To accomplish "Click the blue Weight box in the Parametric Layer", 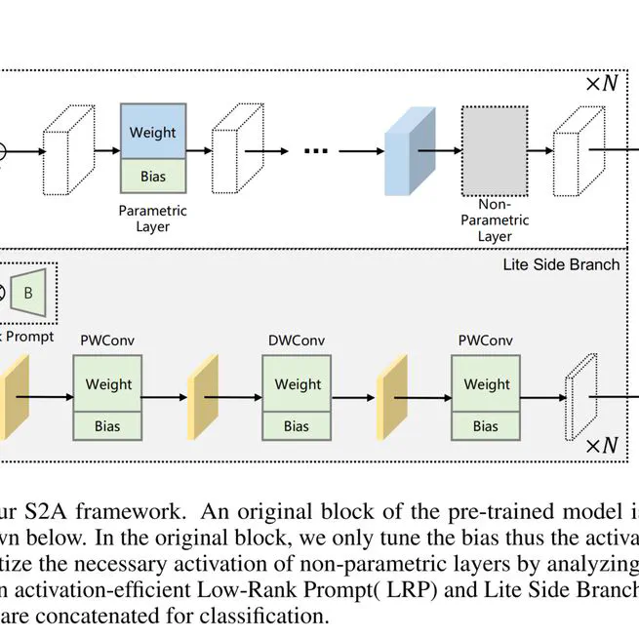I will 152,131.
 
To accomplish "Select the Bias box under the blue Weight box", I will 152,176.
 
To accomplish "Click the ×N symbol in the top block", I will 601,83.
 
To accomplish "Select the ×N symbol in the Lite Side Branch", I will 601,446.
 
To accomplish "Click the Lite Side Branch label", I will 561,263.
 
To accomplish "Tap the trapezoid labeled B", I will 29,293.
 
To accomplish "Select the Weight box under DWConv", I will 297,383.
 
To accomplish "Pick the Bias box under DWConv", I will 297,426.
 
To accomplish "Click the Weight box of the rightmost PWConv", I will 486,383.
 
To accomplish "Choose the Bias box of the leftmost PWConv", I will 108,426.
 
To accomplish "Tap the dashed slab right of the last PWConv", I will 579,397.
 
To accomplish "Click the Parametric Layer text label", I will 152,219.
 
